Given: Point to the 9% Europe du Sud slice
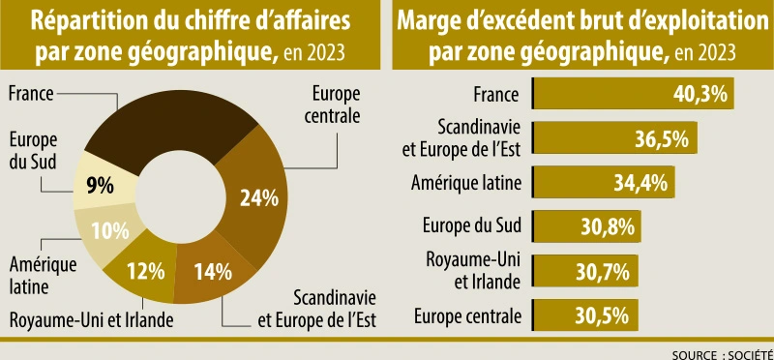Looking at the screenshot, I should pos(101,183).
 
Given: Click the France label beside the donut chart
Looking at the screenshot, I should pos(30,94).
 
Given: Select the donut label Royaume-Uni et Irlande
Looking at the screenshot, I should pos(91,320).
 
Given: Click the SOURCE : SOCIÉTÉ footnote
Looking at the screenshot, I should pos(721,352).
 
